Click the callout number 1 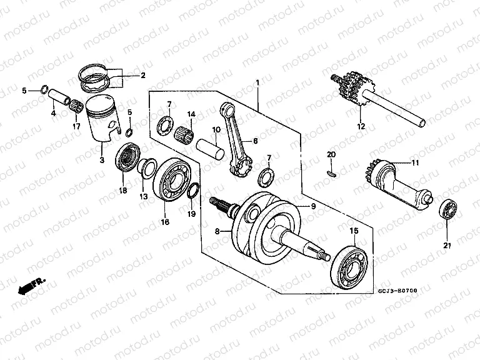[x=256, y=82]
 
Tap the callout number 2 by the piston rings [x=142, y=76]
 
